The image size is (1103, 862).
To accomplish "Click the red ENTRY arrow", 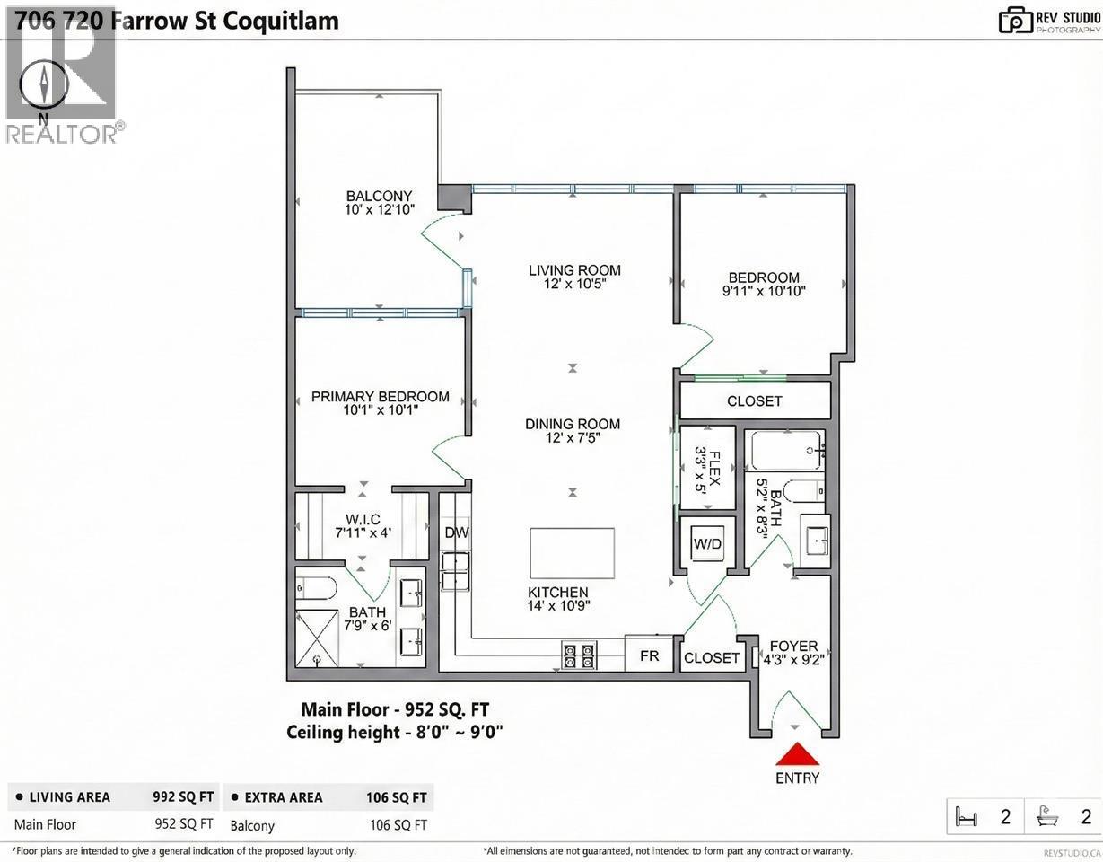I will (x=797, y=755).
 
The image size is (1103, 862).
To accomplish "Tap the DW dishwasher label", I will (x=457, y=532).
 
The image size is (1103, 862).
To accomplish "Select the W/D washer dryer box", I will (x=705, y=543).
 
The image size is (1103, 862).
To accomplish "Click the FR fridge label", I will (x=649, y=656).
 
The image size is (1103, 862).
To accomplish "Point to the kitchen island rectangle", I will (x=572, y=553).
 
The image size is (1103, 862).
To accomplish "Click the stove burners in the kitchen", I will (x=579, y=655).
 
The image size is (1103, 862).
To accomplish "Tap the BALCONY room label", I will (x=379, y=197).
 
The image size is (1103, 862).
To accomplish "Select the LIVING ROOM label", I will (x=574, y=270).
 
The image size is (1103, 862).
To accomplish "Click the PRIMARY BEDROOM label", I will (x=380, y=397).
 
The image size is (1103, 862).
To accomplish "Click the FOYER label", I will (x=793, y=646).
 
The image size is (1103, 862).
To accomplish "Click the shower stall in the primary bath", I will (x=317, y=638).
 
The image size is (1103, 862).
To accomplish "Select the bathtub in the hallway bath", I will (x=786, y=450).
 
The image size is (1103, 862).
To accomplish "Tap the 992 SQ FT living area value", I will (x=183, y=796).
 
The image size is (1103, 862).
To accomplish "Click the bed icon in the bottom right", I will (x=967, y=817).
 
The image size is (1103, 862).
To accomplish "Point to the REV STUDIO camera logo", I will (x=1015, y=20).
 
